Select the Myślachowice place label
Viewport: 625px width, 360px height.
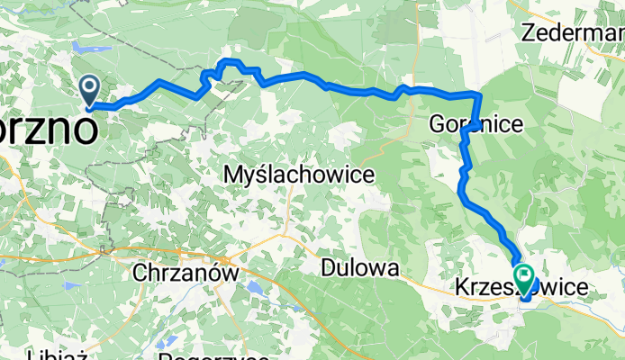(298, 175)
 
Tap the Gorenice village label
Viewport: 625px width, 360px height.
(476, 124)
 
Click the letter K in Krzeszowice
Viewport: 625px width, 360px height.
(457, 288)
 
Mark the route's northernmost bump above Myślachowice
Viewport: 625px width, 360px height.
(231, 60)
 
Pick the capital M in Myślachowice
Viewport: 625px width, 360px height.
(231, 175)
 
